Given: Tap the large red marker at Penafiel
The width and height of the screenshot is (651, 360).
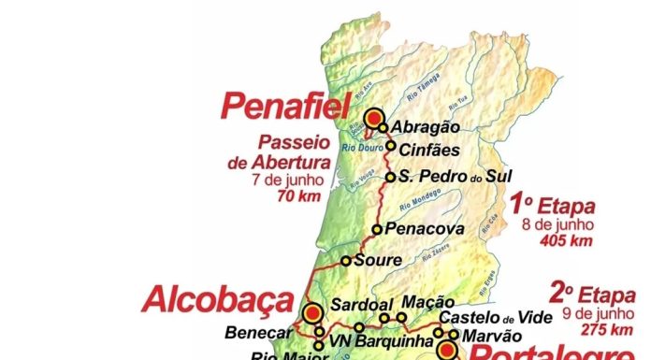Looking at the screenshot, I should (375, 118).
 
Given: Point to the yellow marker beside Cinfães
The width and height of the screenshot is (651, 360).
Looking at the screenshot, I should (391, 146).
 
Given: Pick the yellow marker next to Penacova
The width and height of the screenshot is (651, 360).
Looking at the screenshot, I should (377, 229).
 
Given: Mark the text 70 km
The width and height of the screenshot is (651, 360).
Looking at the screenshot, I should (296, 196).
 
